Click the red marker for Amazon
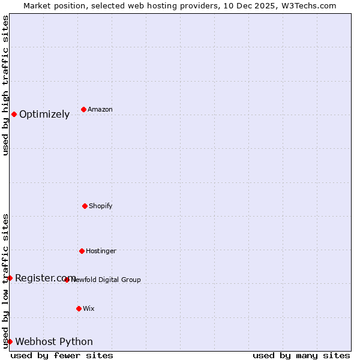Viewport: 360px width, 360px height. (83, 109)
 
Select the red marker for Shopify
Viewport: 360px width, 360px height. (85, 206)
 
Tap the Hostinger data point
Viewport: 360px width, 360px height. (82, 251)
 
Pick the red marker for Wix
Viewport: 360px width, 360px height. (79, 308)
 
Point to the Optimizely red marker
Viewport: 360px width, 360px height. (14, 114)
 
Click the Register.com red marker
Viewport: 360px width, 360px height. (10, 278)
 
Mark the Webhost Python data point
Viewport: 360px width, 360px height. (10, 341)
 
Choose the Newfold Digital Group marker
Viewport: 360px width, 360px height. (67, 280)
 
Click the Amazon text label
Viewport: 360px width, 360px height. (100, 109)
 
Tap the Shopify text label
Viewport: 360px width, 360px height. (101, 206)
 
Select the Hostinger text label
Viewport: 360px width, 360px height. (101, 251)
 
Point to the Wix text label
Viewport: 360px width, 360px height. (89, 308)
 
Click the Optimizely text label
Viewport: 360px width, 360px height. (44, 115)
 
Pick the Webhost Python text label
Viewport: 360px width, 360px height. (54, 342)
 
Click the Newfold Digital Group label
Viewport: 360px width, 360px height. (106, 280)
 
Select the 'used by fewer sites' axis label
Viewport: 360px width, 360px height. (62, 355)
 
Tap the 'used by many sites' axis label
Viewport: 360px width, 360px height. (301, 355)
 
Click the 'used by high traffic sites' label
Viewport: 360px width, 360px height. (5, 85)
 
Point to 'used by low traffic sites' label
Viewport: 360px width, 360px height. (5, 281)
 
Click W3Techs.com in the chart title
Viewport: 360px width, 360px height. (309, 5)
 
